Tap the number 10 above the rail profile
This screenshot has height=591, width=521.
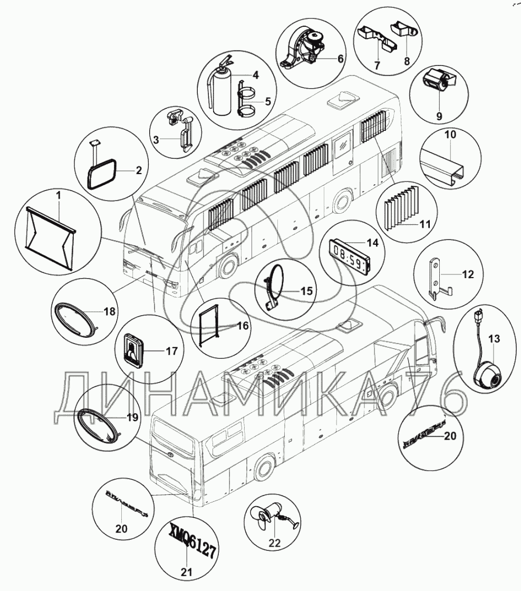click(x=450, y=135)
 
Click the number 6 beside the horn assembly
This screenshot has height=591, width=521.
click(x=340, y=59)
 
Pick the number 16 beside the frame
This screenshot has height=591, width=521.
click(x=242, y=326)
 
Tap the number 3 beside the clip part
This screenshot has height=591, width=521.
click(x=156, y=139)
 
